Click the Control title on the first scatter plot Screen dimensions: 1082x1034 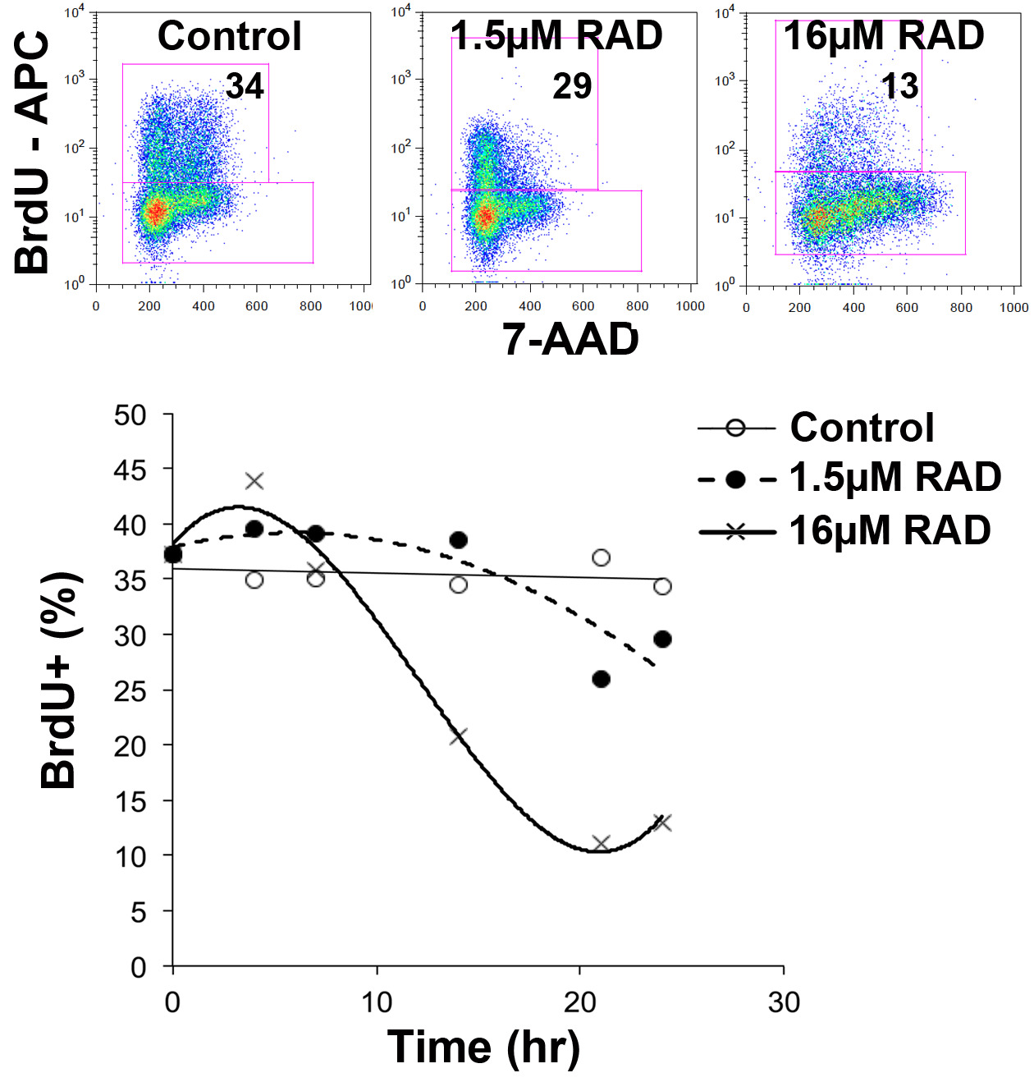[x=230, y=36]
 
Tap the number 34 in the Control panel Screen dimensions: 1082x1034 [x=245, y=85]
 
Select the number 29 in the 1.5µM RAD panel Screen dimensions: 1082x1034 [x=572, y=85]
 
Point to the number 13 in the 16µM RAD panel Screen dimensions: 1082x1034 [x=899, y=85]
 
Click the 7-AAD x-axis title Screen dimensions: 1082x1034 [x=570, y=339]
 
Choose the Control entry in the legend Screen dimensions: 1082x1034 [x=862, y=428]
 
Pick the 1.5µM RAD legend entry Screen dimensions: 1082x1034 [x=894, y=478]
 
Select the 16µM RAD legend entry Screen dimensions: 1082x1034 [x=890, y=531]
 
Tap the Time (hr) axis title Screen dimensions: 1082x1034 [x=483, y=1048]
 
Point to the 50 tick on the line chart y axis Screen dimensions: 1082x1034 [x=130, y=415]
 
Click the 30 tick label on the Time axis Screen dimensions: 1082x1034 [x=784, y=1002]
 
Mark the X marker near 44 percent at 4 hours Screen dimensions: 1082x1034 [x=254, y=480]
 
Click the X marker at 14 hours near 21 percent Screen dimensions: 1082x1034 [x=459, y=736]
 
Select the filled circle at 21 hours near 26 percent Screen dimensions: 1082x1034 [x=601, y=679]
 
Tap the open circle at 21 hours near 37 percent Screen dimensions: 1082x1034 [x=601, y=558]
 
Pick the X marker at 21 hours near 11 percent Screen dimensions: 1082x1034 [x=601, y=843]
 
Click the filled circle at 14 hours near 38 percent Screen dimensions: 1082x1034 [x=459, y=540]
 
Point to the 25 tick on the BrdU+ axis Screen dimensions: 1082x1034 [x=130, y=691]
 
